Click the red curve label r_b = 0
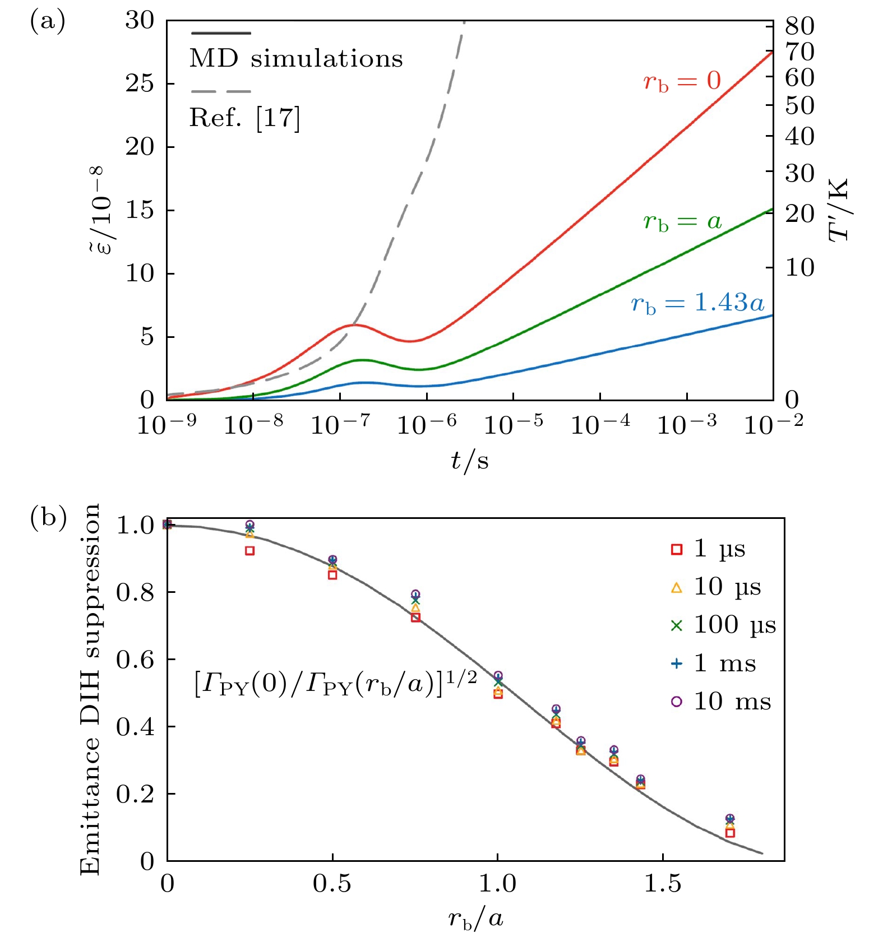(682, 82)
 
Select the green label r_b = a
(682, 222)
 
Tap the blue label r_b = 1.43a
(697, 304)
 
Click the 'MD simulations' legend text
(296, 59)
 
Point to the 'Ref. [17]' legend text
(245, 118)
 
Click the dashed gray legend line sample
(220, 91)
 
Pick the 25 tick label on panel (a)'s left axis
(139, 83)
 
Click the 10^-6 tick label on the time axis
(427, 424)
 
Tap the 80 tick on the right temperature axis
(799, 26)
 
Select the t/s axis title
(470, 461)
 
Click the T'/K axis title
(839, 210)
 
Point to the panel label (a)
(48, 21)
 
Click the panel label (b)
(48, 517)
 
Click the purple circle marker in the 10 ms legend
(677, 702)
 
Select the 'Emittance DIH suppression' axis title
(90, 689)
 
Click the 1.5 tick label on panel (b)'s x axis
(663, 884)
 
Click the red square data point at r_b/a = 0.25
(250, 551)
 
